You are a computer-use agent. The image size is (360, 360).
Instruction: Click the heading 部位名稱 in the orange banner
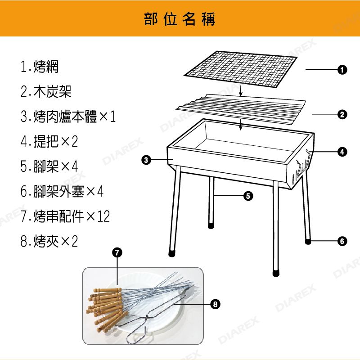tap(180, 19)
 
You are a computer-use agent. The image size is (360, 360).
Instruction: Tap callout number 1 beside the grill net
tap(342, 70)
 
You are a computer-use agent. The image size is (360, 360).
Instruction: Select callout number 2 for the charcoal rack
tap(342, 114)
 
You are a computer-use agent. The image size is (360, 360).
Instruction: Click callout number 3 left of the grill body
tap(146, 160)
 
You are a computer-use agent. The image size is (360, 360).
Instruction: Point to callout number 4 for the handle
tap(342, 152)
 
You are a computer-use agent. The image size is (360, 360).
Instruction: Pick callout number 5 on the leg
tap(248, 196)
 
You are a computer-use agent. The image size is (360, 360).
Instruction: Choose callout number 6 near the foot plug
tap(342, 241)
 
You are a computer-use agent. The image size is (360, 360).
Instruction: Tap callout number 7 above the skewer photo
tap(117, 252)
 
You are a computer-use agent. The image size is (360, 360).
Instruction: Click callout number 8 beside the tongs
tap(215, 304)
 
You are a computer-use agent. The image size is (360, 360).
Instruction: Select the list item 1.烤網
tap(40, 67)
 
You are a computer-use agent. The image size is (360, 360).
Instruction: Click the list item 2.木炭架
tap(46, 91)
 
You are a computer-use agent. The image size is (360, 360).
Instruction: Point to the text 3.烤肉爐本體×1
tap(68, 117)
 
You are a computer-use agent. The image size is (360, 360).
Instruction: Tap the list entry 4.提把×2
tap(49, 141)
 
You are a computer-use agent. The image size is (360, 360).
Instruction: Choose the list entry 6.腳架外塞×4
tap(62, 191)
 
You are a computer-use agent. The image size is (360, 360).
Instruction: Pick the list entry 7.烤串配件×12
tap(65, 216)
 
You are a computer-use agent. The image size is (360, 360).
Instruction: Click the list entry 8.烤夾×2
tap(49, 241)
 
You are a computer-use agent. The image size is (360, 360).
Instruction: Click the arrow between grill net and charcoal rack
tap(240, 90)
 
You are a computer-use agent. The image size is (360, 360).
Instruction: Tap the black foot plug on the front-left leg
tap(172, 253)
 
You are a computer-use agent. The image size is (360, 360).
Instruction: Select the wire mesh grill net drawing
tap(240, 69)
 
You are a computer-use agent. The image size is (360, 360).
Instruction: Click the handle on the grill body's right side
tap(303, 164)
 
